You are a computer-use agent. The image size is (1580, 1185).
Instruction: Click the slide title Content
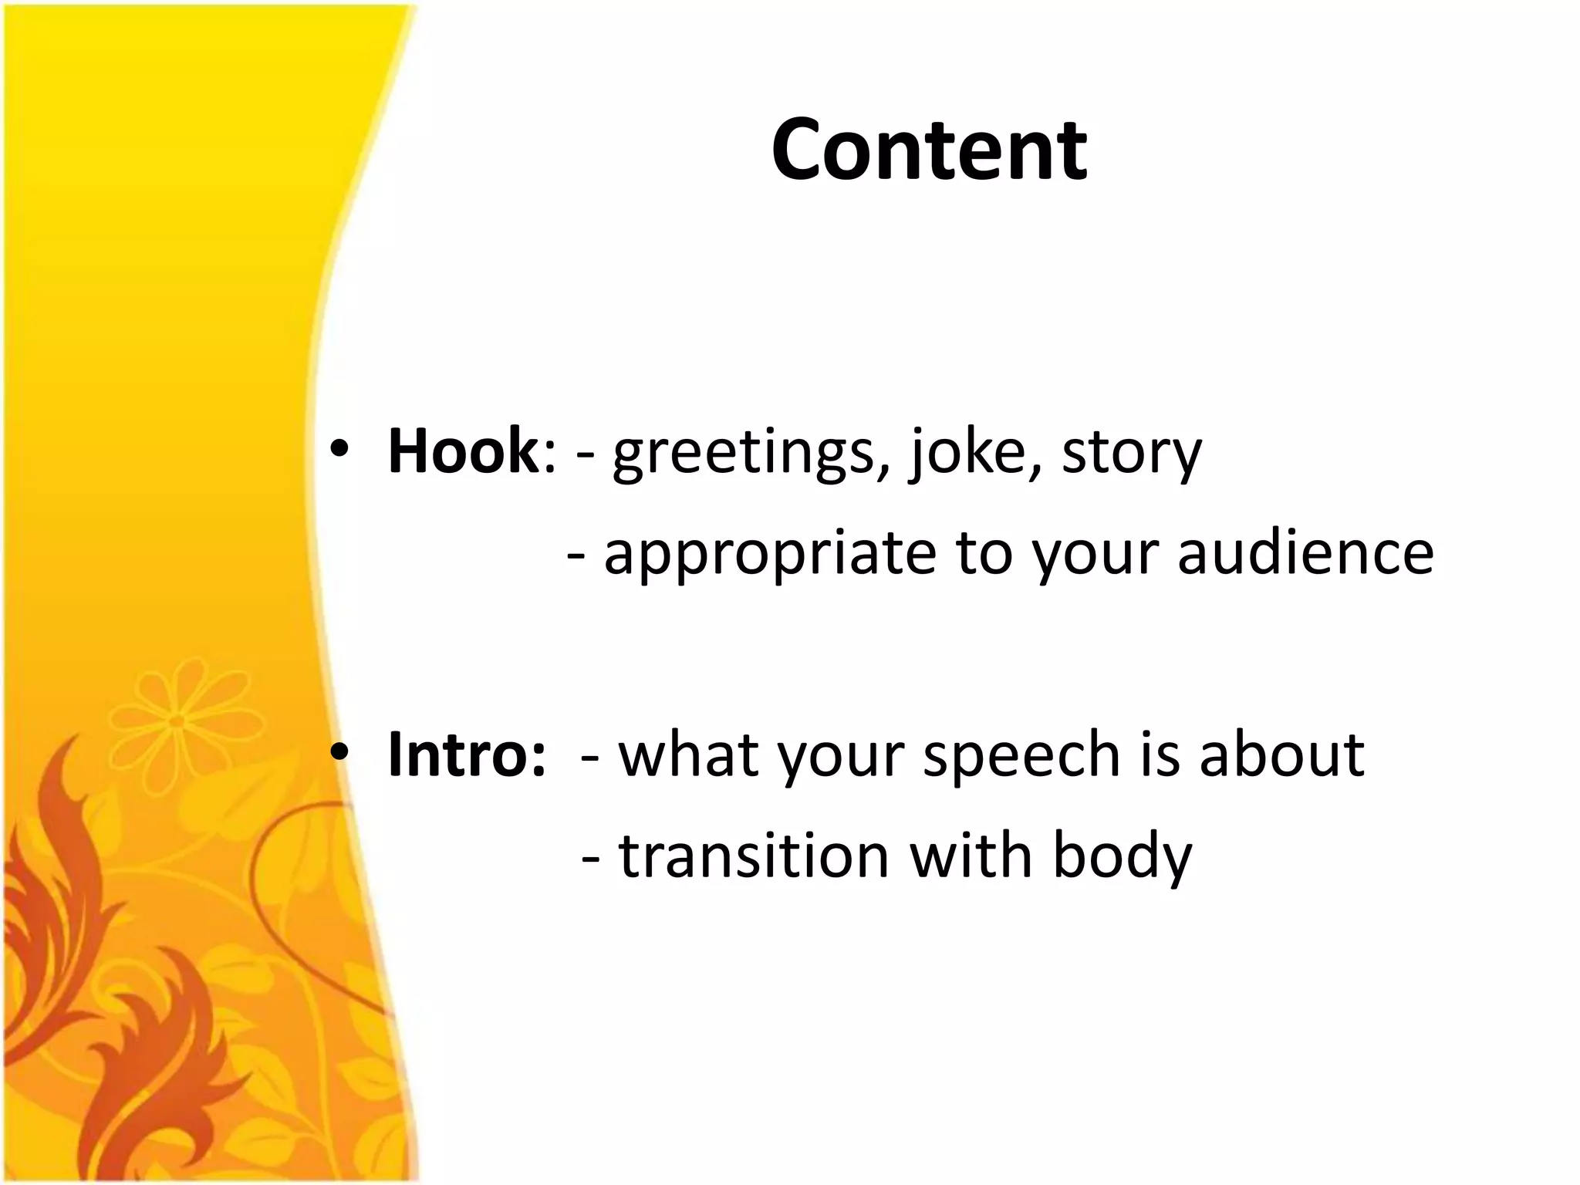tap(929, 150)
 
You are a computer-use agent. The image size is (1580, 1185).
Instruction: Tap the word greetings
tap(745, 454)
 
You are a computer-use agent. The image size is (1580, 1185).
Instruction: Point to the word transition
tap(754, 856)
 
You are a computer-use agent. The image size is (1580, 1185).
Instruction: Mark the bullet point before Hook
tap(339, 451)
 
